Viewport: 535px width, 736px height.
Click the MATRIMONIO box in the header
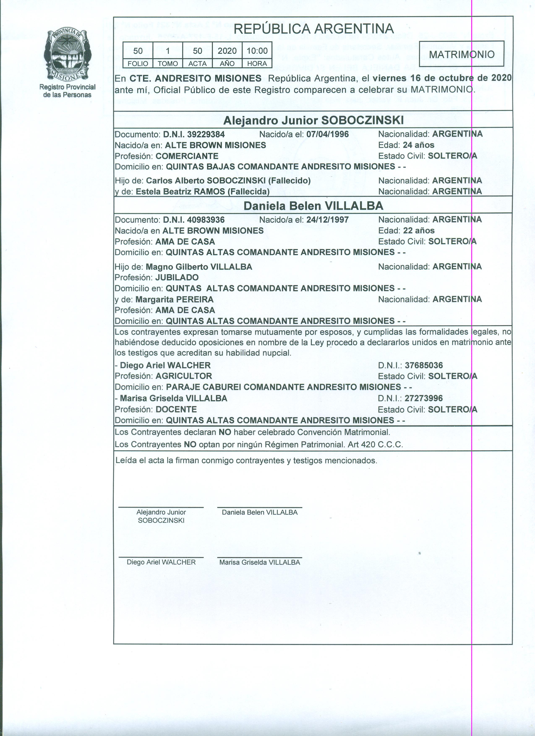461,54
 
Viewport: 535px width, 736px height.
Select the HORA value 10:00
257,51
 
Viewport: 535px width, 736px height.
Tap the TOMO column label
167,64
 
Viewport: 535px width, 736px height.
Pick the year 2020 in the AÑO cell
227,51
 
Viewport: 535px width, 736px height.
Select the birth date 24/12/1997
327,220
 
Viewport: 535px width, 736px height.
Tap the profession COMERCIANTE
187,156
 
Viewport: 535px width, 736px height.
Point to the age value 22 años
419,231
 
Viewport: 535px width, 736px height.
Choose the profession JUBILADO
177,277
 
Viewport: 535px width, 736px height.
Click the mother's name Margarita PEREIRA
175,299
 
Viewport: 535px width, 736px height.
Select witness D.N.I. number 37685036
424,365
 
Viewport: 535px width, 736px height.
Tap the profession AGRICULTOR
184,376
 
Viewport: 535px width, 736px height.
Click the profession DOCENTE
176,409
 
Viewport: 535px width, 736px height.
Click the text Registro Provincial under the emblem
67,87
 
